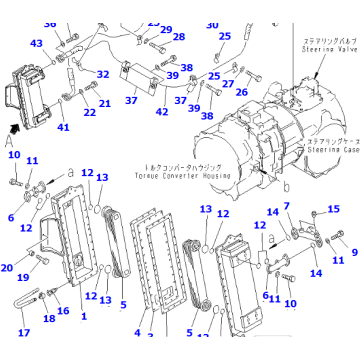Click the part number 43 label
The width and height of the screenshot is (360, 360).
(x=36, y=43)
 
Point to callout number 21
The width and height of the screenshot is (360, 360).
(x=105, y=103)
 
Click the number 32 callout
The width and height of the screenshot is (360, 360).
(x=103, y=73)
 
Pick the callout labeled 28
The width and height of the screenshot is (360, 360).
(x=178, y=37)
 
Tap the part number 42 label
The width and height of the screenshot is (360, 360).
(x=161, y=111)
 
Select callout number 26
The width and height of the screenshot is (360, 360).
(x=241, y=92)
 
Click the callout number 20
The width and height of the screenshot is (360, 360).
(x=7, y=267)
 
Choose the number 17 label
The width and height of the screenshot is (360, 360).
(x=23, y=333)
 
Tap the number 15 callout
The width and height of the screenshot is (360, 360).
(x=333, y=208)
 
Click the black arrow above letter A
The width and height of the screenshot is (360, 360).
(x=13, y=128)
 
